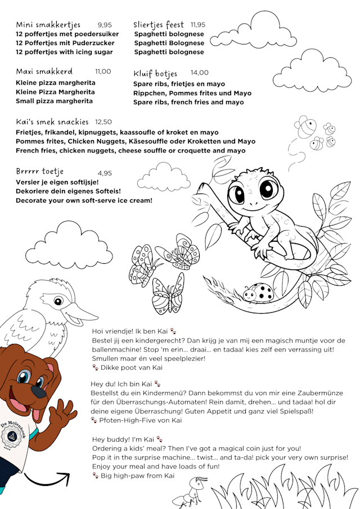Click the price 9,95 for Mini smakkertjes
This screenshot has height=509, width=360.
(x=105, y=25)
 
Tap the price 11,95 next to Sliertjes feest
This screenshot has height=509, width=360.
(x=198, y=25)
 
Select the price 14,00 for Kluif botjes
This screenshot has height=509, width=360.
(x=199, y=73)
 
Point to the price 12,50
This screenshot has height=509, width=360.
(x=103, y=121)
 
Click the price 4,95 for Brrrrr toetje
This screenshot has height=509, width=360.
(x=105, y=173)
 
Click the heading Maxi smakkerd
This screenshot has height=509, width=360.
(x=44, y=71)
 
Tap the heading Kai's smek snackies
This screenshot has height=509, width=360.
(x=52, y=121)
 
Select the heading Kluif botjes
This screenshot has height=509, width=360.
(x=155, y=74)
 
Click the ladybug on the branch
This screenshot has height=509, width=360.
(x=263, y=292)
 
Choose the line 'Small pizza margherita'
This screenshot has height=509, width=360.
(x=55, y=101)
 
